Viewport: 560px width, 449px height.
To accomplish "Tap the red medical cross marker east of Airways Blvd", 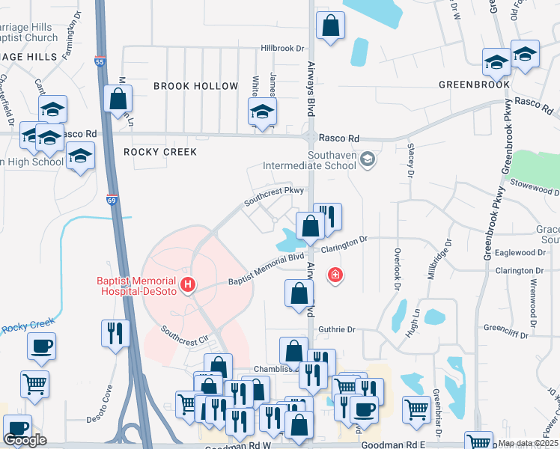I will pyautogui.click(x=335, y=275).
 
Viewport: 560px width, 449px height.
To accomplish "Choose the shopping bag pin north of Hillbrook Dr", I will pyautogui.click(x=330, y=26).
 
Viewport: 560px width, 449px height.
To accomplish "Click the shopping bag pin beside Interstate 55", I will pyautogui.click(x=118, y=99).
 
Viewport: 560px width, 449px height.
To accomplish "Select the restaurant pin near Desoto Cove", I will pyautogui.click(x=115, y=334).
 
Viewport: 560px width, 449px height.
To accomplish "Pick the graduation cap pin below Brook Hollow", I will pyautogui.click(x=262, y=112).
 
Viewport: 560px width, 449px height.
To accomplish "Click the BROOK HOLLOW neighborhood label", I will pyautogui.click(x=195, y=87).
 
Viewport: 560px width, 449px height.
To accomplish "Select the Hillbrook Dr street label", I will pyautogui.click(x=283, y=48).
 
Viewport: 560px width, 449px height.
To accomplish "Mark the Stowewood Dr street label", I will pyautogui.click(x=530, y=182).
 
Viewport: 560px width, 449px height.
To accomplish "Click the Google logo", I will pyautogui.click(x=25, y=440).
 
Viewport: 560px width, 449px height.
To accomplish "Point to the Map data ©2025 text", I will pyautogui.click(x=528, y=443).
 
